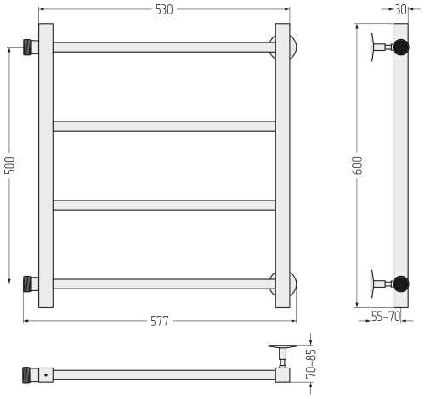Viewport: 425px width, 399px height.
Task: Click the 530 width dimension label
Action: coord(164,10)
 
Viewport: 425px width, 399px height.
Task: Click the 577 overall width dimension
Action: coord(160,321)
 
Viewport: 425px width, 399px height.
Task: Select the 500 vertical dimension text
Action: coord(10,166)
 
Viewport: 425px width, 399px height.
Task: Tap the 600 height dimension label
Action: coord(358,166)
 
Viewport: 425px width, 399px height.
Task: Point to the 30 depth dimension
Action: coord(401,9)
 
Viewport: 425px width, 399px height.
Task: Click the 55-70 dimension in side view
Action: coord(386,316)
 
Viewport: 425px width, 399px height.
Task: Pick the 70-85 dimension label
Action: coord(311,364)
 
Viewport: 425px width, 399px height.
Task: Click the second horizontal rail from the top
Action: coord(164,126)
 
